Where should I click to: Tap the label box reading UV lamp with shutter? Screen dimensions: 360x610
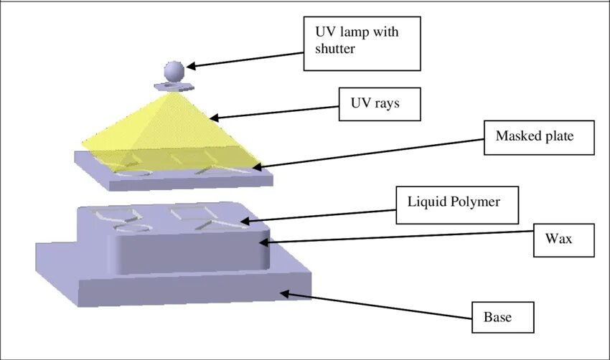click(x=362, y=43)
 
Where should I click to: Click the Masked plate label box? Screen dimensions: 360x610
click(x=539, y=136)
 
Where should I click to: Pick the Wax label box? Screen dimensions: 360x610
click(x=564, y=238)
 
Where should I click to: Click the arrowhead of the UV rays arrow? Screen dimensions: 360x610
click(x=214, y=118)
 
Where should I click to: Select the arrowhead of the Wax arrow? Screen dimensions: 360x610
click(x=272, y=242)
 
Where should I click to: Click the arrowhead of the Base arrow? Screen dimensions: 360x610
click(x=285, y=292)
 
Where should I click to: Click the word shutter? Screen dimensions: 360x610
click(x=334, y=49)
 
